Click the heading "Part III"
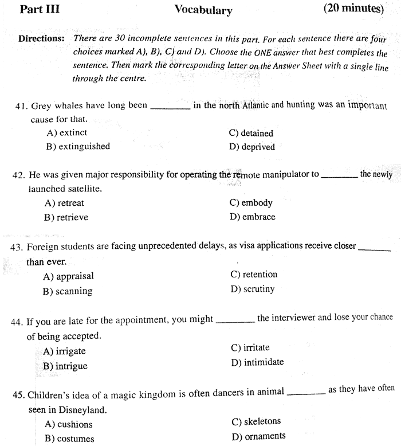(40, 9)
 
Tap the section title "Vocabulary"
(203, 10)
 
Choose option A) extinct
(66, 132)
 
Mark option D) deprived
(251, 147)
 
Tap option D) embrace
(252, 217)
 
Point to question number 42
(18, 175)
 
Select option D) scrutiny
(253, 289)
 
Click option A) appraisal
(68, 276)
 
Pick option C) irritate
(250, 347)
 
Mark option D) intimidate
(257, 362)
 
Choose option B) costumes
(69, 439)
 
